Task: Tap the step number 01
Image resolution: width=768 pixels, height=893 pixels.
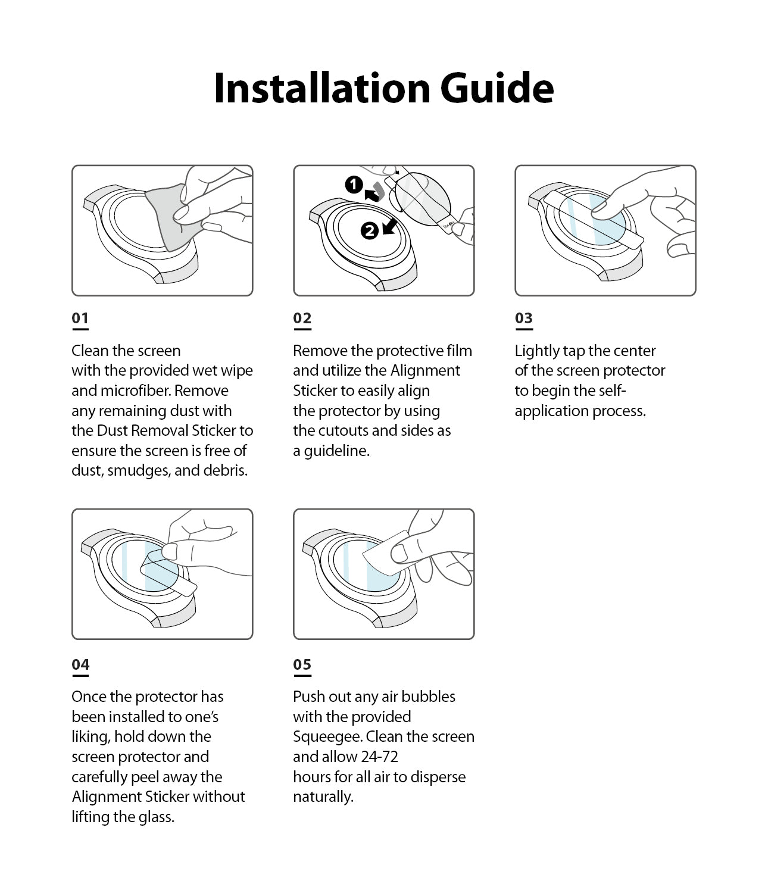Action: tap(80, 318)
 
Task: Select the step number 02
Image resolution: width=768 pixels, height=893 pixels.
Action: tap(302, 318)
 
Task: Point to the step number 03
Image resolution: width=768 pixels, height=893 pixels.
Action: tap(523, 318)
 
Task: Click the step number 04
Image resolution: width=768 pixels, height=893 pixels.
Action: tap(80, 664)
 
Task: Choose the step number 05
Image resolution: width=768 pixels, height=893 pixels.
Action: tap(302, 664)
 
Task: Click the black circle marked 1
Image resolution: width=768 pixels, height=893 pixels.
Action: tap(354, 185)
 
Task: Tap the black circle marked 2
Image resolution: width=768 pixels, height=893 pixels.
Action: tap(370, 230)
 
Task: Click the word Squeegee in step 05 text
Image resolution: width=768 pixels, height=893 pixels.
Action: tap(327, 736)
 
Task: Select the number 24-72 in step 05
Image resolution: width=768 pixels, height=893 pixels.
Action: tap(379, 757)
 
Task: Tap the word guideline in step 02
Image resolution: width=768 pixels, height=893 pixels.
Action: tap(336, 451)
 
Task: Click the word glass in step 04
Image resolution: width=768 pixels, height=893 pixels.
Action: tap(155, 817)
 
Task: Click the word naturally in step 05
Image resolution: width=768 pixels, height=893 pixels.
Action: tap(322, 797)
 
